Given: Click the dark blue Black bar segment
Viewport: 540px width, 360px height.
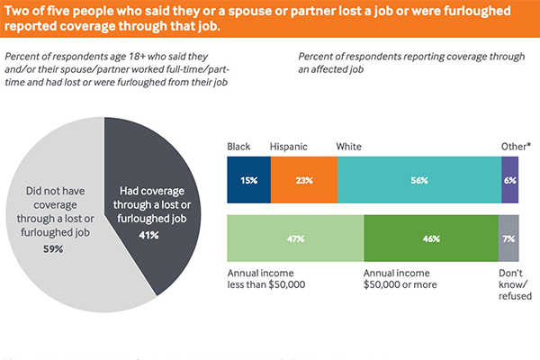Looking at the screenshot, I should pyautogui.click(x=248, y=180).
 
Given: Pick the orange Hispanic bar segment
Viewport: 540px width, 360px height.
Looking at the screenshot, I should pyautogui.click(x=303, y=180).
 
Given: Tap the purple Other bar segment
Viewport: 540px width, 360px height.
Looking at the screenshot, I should pyautogui.click(x=510, y=180).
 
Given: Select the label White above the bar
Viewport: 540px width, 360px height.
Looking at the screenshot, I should pyautogui.click(x=348, y=146).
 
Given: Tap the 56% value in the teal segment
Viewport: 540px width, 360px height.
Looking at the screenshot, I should pyautogui.click(x=418, y=180).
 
